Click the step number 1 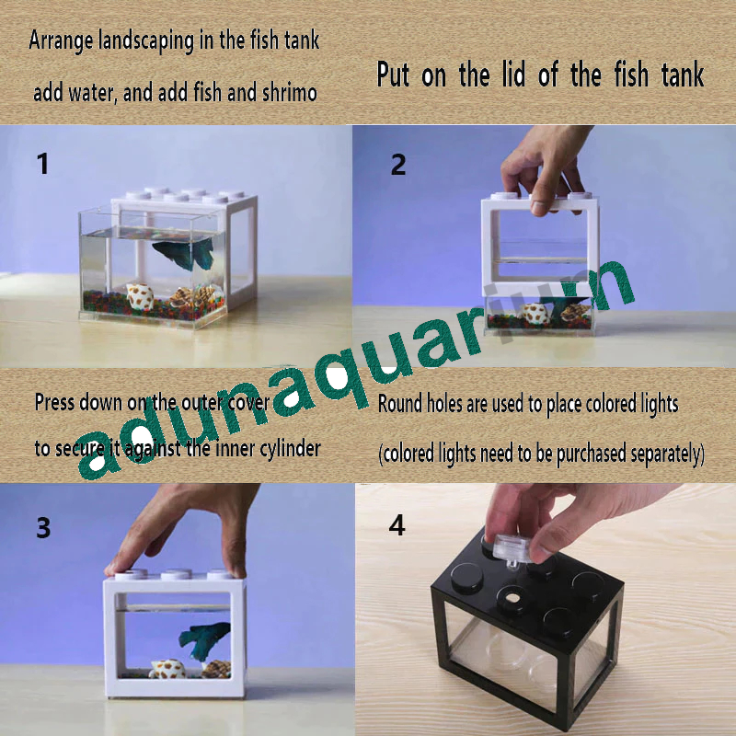click(42, 165)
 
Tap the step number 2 click(397, 165)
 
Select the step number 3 click(43, 528)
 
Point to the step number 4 click(397, 525)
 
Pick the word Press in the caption click(54, 402)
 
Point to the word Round click(401, 403)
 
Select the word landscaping click(148, 41)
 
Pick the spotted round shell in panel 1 click(141, 297)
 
